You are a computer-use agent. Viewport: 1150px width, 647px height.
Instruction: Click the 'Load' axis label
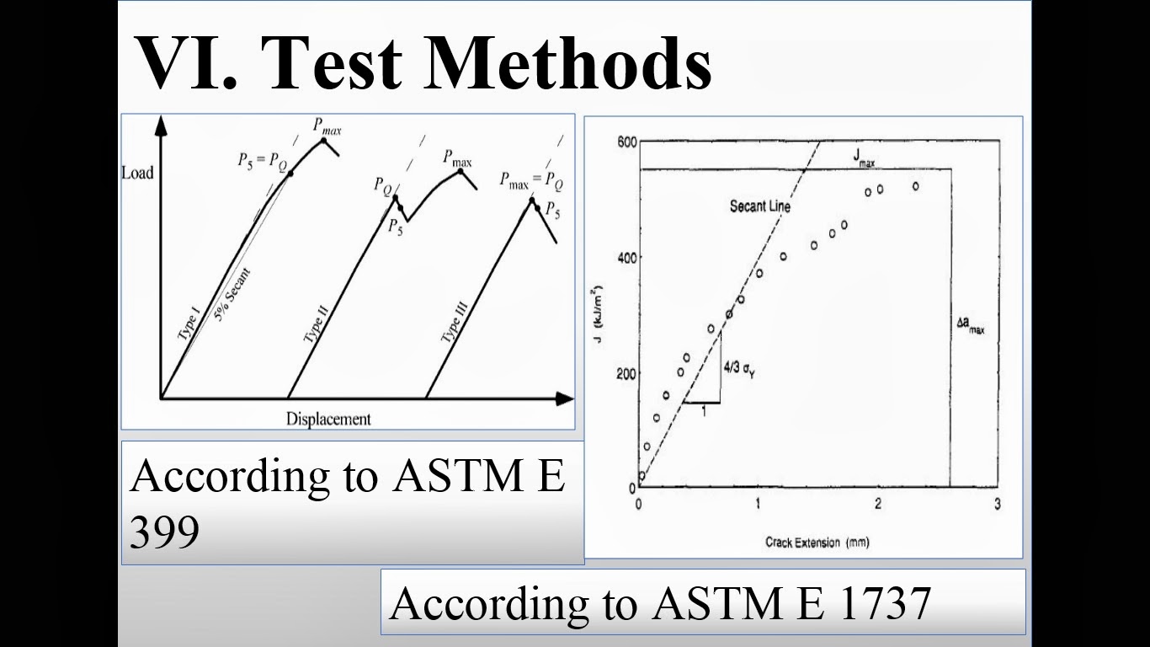[137, 173]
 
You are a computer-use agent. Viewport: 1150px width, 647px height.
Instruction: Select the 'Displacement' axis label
[328, 419]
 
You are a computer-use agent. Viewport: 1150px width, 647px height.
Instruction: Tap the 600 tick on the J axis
[626, 142]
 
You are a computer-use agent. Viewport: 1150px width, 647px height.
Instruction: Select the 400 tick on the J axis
[626, 257]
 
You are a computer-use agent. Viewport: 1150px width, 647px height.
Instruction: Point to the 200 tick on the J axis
[626, 373]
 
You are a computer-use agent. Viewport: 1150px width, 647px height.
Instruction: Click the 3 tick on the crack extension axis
[998, 504]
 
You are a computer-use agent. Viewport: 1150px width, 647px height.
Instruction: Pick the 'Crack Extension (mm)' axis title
[817, 542]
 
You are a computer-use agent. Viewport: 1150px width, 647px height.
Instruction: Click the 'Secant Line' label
[760, 206]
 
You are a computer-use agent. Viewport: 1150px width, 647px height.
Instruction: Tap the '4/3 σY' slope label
[738, 368]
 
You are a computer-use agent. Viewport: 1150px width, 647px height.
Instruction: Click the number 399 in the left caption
[165, 531]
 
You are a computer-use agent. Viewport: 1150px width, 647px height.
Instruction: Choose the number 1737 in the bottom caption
[885, 603]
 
